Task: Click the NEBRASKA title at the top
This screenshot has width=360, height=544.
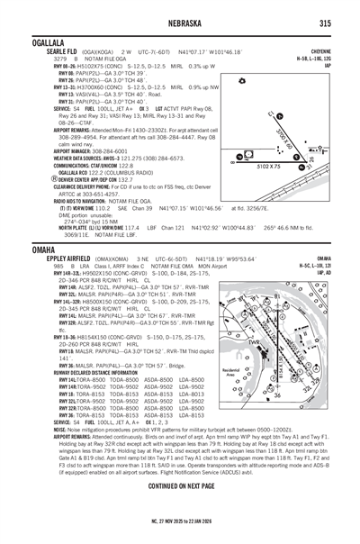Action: click(x=179, y=23)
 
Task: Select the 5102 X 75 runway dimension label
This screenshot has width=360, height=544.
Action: click(x=268, y=168)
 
